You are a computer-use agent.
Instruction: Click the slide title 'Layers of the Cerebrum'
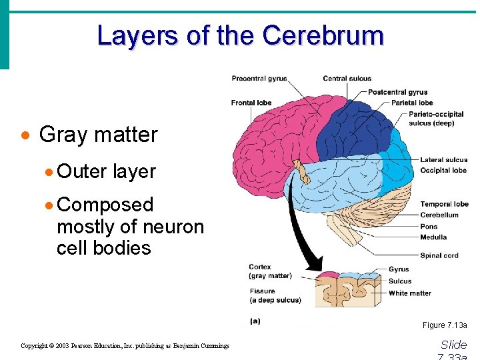coord(240,35)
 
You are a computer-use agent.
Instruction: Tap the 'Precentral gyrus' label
coord(259,79)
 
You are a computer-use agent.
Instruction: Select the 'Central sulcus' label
coord(347,79)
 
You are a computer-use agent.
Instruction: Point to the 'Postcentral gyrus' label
coord(397,92)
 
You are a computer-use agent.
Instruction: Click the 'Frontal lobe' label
coord(251,103)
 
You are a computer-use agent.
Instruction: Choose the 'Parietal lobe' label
coord(412,103)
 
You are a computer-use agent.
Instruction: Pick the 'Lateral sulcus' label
coord(443,160)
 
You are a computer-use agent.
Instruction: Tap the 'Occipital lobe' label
coord(443,171)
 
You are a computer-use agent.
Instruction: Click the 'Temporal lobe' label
coord(444,204)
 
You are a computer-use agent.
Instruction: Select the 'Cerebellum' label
coord(439,215)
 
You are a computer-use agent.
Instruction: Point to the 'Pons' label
coord(429,227)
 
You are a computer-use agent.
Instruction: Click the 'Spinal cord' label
coord(439,255)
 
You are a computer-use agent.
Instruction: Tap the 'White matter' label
coord(410,293)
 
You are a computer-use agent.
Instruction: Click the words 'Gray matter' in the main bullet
coord(99,135)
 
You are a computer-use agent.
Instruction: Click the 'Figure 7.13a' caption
coord(445,325)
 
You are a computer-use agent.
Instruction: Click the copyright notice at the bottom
coord(125,346)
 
